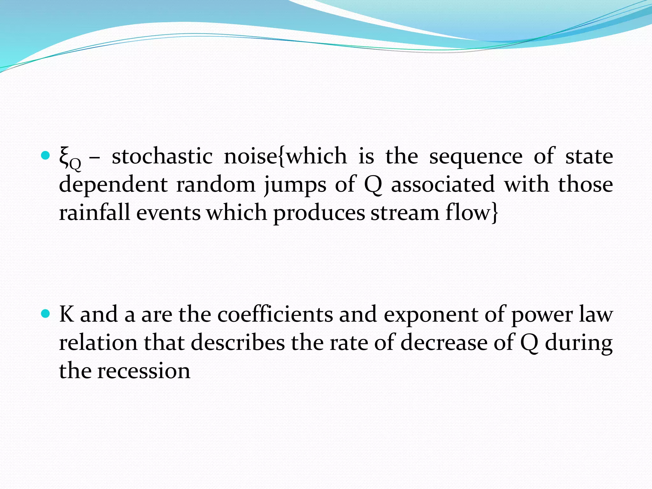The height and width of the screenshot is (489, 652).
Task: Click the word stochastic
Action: coord(162,156)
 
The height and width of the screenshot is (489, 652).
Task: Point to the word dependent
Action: coord(113,185)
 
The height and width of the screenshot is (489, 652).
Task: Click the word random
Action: coord(216,185)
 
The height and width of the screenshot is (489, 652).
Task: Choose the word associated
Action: coord(443,184)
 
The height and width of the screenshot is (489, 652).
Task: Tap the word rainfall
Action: coord(95,212)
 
